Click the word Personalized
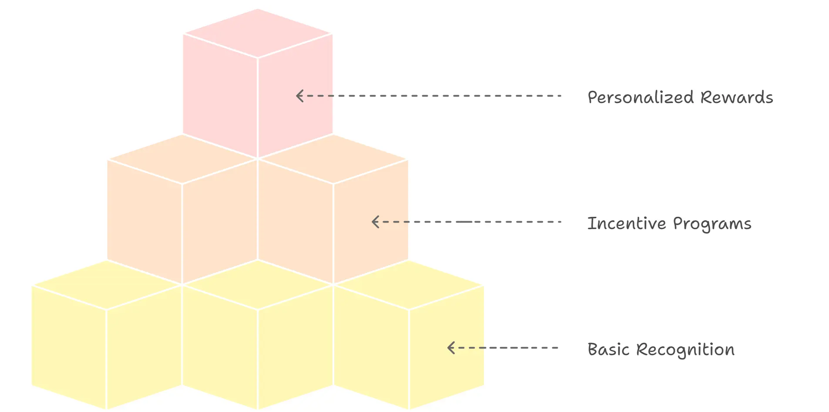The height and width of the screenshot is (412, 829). [x=641, y=97]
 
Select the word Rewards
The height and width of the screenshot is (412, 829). [x=737, y=97]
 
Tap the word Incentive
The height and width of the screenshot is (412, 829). [x=627, y=223]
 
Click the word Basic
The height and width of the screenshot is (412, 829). [x=608, y=349]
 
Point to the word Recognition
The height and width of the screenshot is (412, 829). [x=685, y=350]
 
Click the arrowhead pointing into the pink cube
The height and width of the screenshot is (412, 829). [x=299, y=96]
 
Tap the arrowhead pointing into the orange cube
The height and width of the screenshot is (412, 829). [x=375, y=222]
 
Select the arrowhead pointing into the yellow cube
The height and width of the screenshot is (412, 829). [x=451, y=348]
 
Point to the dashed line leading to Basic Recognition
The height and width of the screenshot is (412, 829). [x=503, y=348]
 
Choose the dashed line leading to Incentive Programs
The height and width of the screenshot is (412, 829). [x=467, y=222]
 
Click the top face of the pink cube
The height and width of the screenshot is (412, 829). [x=258, y=33]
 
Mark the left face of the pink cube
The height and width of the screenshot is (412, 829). [x=220, y=96]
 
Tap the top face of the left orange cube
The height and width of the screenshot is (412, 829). [x=182, y=159]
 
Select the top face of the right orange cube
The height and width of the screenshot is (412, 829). [x=333, y=159]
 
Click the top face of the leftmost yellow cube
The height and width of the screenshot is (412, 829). [x=107, y=285]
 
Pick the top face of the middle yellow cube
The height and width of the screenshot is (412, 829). [x=258, y=285]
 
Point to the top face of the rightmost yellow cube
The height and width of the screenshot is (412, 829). [x=409, y=285]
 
